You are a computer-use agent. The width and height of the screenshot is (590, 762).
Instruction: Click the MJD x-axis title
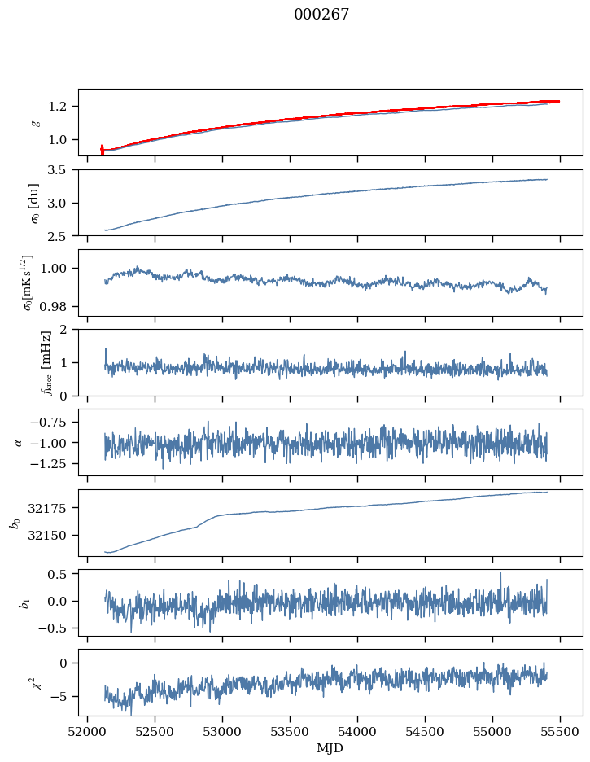tap(330, 747)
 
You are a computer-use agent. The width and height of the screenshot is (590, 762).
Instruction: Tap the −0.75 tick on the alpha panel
tap(51, 422)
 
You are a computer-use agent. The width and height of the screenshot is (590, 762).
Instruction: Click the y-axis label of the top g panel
tap(35, 122)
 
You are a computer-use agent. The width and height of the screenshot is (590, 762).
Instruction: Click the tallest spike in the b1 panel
tap(500, 573)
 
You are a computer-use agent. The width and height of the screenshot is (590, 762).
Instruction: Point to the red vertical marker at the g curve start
tap(102, 150)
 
